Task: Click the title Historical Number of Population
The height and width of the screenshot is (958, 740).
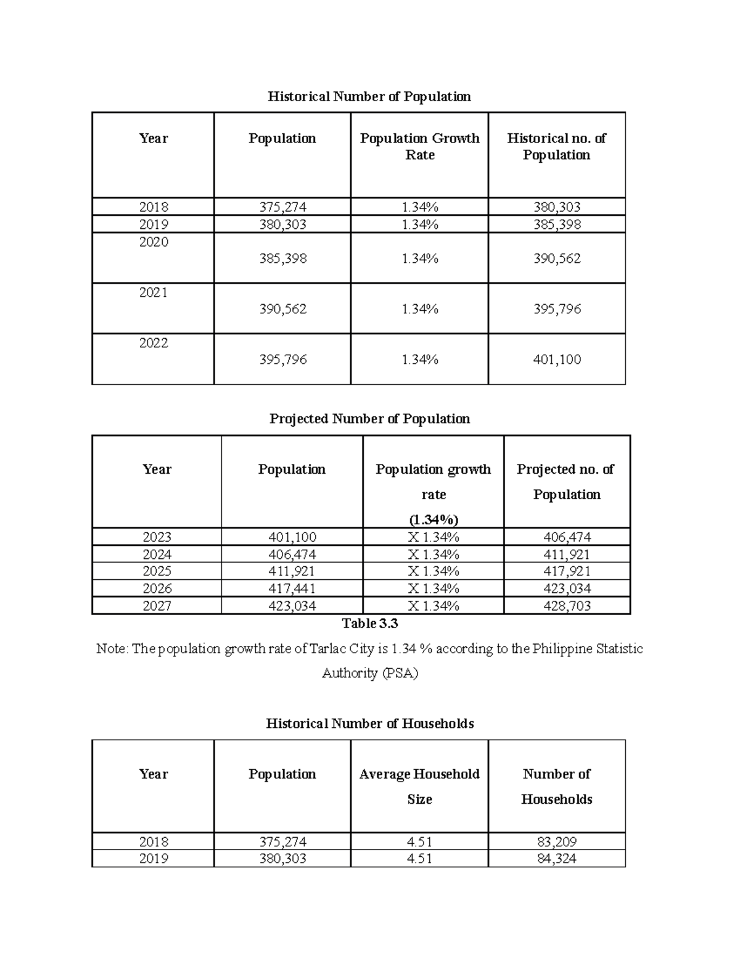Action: (x=369, y=97)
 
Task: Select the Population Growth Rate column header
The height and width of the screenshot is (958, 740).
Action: (x=419, y=147)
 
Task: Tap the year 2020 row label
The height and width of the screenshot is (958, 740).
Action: (x=154, y=242)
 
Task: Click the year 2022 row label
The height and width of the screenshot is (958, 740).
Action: (x=154, y=344)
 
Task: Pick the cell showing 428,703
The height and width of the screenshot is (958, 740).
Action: (x=567, y=606)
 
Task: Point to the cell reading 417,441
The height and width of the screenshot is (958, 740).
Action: (x=292, y=588)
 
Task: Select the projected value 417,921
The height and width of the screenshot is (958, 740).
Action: (x=567, y=571)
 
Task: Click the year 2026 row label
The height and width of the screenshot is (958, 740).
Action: (x=157, y=588)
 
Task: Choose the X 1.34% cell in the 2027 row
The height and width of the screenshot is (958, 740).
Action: (x=433, y=606)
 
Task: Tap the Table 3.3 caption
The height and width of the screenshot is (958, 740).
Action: (x=370, y=624)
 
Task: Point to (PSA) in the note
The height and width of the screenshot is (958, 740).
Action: (x=400, y=673)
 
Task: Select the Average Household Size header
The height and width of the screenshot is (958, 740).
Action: (x=419, y=786)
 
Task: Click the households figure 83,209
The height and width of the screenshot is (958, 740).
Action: (x=556, y=842)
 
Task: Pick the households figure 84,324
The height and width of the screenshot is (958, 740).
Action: (x=556, y=859)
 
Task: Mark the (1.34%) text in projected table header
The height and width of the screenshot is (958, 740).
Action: (x=433, y=519)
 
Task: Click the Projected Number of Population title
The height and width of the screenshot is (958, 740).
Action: (x=369, y=419)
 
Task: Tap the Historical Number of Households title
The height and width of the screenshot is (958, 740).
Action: (x=369, y=724)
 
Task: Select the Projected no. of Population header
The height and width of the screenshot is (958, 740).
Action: (x=566, y=482)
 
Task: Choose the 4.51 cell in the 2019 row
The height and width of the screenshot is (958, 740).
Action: (x=419, y=859)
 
